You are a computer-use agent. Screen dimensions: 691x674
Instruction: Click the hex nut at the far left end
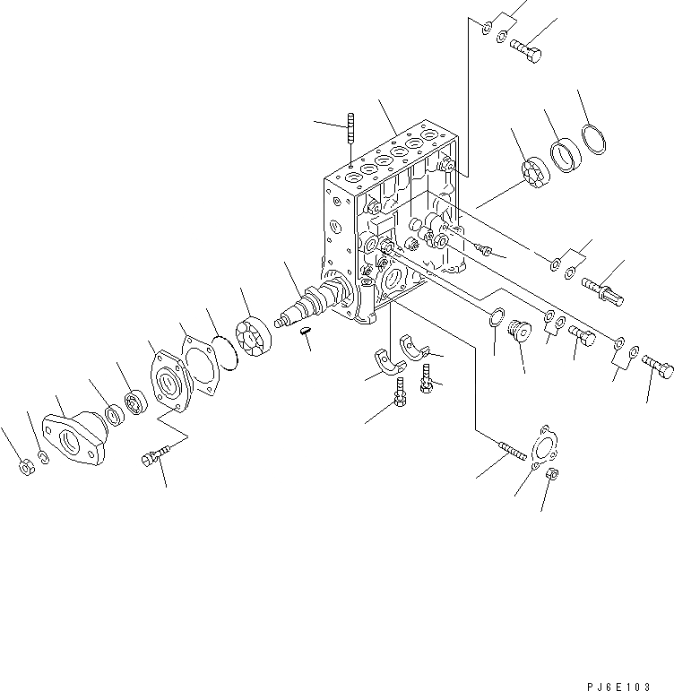[27, 465]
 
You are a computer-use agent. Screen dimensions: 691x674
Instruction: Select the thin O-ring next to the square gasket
[224, 349]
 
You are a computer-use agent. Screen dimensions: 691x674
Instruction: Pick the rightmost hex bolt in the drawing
[657, 367]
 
